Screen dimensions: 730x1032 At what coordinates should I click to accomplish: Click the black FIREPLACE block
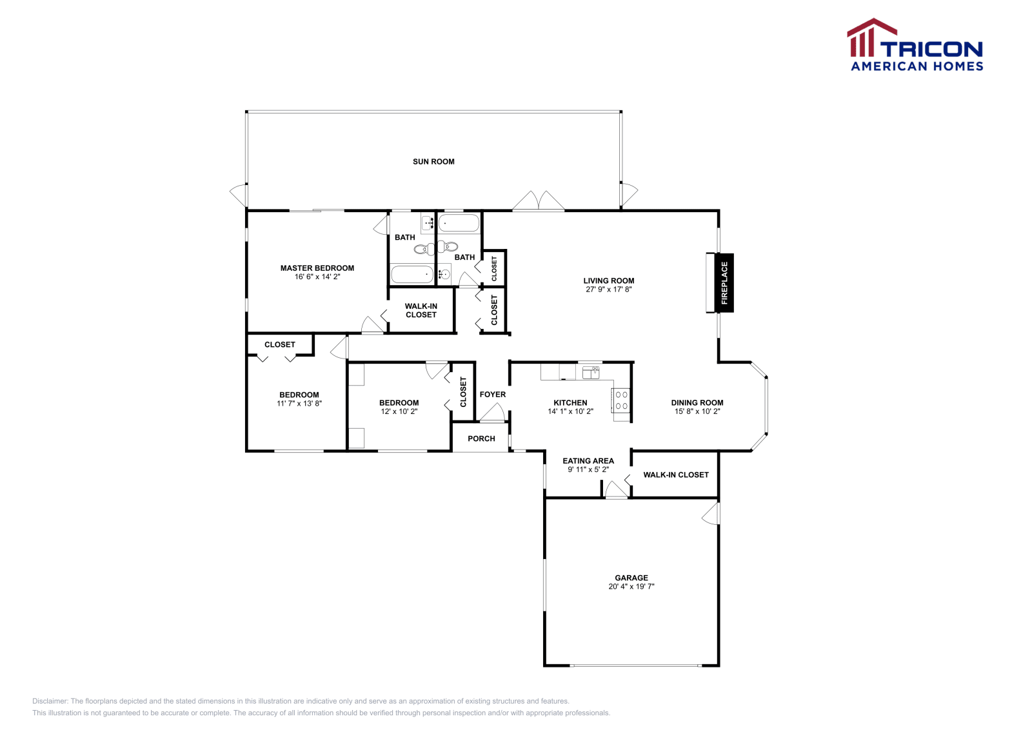click(x=724, y=283)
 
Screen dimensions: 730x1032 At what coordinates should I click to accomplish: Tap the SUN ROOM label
click(x=433, y=162)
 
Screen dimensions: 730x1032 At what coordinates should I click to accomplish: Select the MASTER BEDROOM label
click(x=317, y=268)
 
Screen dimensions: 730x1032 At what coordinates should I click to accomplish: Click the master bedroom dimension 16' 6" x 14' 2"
click(x=317, y=277)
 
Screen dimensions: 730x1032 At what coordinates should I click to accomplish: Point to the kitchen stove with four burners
click(x=621, y=400)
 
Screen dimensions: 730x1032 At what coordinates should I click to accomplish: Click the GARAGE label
click(x=631, y=578)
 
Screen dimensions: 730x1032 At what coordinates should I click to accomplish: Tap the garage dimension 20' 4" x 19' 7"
click(x=631, y=587)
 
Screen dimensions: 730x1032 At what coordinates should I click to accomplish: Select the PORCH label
click(x=481, y=439)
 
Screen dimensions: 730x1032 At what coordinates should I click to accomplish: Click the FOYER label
click(x=492, y=395)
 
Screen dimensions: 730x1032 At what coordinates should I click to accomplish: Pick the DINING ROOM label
click(x=697, y=402)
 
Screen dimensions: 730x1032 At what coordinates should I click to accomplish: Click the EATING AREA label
click(x=588, y=461)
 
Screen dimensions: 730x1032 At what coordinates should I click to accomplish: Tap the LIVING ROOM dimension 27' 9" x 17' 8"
click(x=608, y=290)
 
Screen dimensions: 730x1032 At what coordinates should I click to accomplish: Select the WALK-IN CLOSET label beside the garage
click(x=675, y=475)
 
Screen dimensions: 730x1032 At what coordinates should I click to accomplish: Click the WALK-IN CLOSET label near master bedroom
click(x=421, y=311)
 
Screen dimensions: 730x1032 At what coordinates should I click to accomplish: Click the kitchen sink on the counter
click(x=591, y=372)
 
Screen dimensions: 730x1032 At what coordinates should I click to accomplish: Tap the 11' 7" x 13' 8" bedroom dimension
click(x=299, y=404)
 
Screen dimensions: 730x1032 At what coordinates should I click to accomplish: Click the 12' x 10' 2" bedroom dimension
click(x=399, y=411)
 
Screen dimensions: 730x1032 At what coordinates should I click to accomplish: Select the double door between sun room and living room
click(x=539, y=201)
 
